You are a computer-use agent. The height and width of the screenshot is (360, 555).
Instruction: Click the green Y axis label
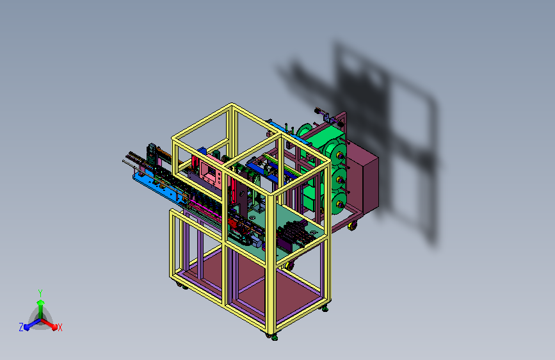[40, 293]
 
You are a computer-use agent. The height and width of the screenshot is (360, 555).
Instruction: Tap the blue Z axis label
[21, 327]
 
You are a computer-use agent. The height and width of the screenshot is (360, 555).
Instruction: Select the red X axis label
[60, 327]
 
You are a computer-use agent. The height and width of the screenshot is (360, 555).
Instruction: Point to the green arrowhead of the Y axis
[41, 303]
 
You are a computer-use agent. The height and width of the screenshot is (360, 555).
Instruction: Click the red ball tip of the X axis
[54, 327]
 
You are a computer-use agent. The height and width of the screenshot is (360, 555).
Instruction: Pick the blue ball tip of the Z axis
[27, 327]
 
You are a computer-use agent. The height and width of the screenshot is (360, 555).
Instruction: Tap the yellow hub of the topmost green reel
[339, 155]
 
